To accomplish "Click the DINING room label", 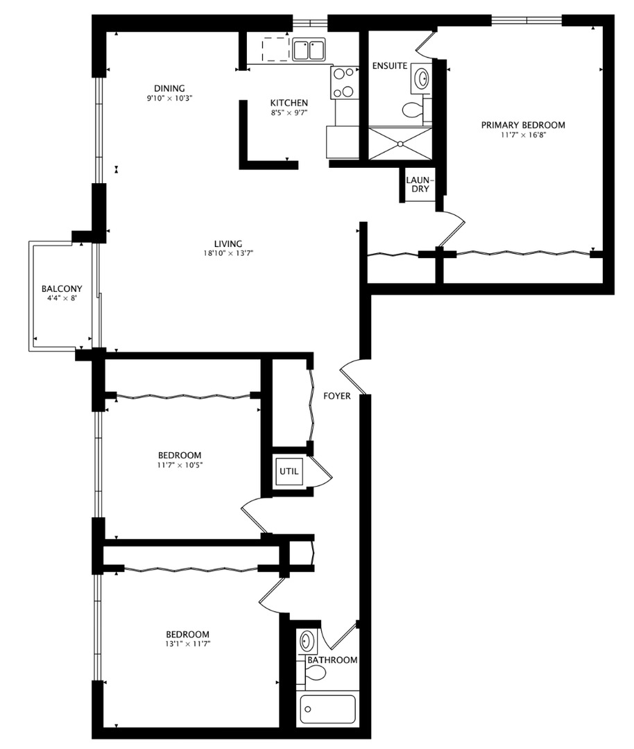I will coord(169,88).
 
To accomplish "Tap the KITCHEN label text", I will coord(289,103).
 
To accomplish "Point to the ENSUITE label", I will coord(389,66).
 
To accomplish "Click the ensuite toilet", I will coord(413,109).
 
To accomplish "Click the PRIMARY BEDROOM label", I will coord(523,126).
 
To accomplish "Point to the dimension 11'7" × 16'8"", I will coord(523,135).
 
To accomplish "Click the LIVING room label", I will coord(228,243).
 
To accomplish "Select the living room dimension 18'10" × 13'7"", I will coord(228,253).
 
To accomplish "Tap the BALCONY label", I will coord(62,289).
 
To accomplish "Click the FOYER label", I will coord(337,396).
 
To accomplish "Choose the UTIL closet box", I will coord(289,471).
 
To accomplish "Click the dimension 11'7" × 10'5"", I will coord(179,465).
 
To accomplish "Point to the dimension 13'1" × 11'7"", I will coord(187,644).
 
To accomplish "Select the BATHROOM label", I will coord(332,660).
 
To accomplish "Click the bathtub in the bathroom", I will coord(328,709).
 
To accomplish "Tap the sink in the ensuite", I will coord(421,78).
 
